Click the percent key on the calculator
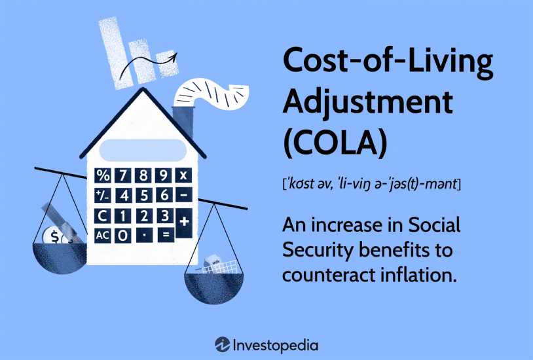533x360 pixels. tap(102, 175)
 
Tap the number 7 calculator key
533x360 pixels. tap(122, 175)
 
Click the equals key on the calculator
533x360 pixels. tap(166, 235)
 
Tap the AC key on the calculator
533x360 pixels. tap(102, 235)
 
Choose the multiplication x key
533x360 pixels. tap(183, 175)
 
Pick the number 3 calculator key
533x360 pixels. tap(165, 216)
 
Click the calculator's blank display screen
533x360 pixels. tap(143, 150)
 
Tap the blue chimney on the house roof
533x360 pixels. tap(183, 122)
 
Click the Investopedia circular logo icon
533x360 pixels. tap(223, 345)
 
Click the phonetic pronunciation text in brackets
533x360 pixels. tap(371, 184)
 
